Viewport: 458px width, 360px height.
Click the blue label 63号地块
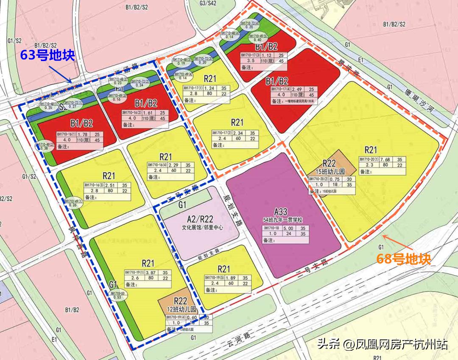coord(47,55)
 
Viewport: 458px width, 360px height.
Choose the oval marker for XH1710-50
coord(117,295)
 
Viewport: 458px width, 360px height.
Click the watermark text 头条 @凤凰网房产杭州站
coord(382,343)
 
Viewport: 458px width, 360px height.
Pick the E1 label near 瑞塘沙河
coord(361,60)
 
